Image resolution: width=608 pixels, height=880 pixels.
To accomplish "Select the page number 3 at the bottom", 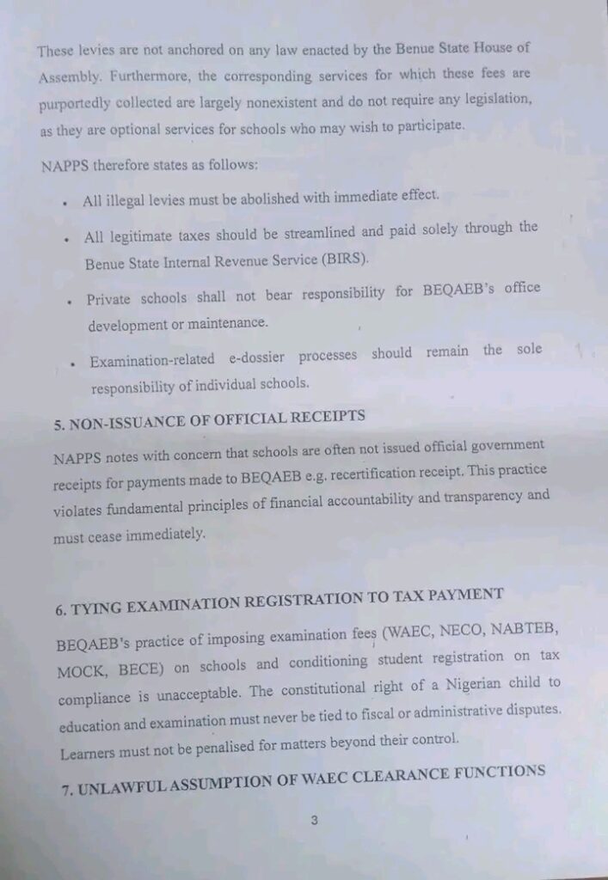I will coord(314,820).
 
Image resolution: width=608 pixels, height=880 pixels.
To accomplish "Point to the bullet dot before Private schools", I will coord(70,302).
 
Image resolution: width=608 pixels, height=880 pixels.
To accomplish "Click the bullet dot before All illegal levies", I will coord(66,203).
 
